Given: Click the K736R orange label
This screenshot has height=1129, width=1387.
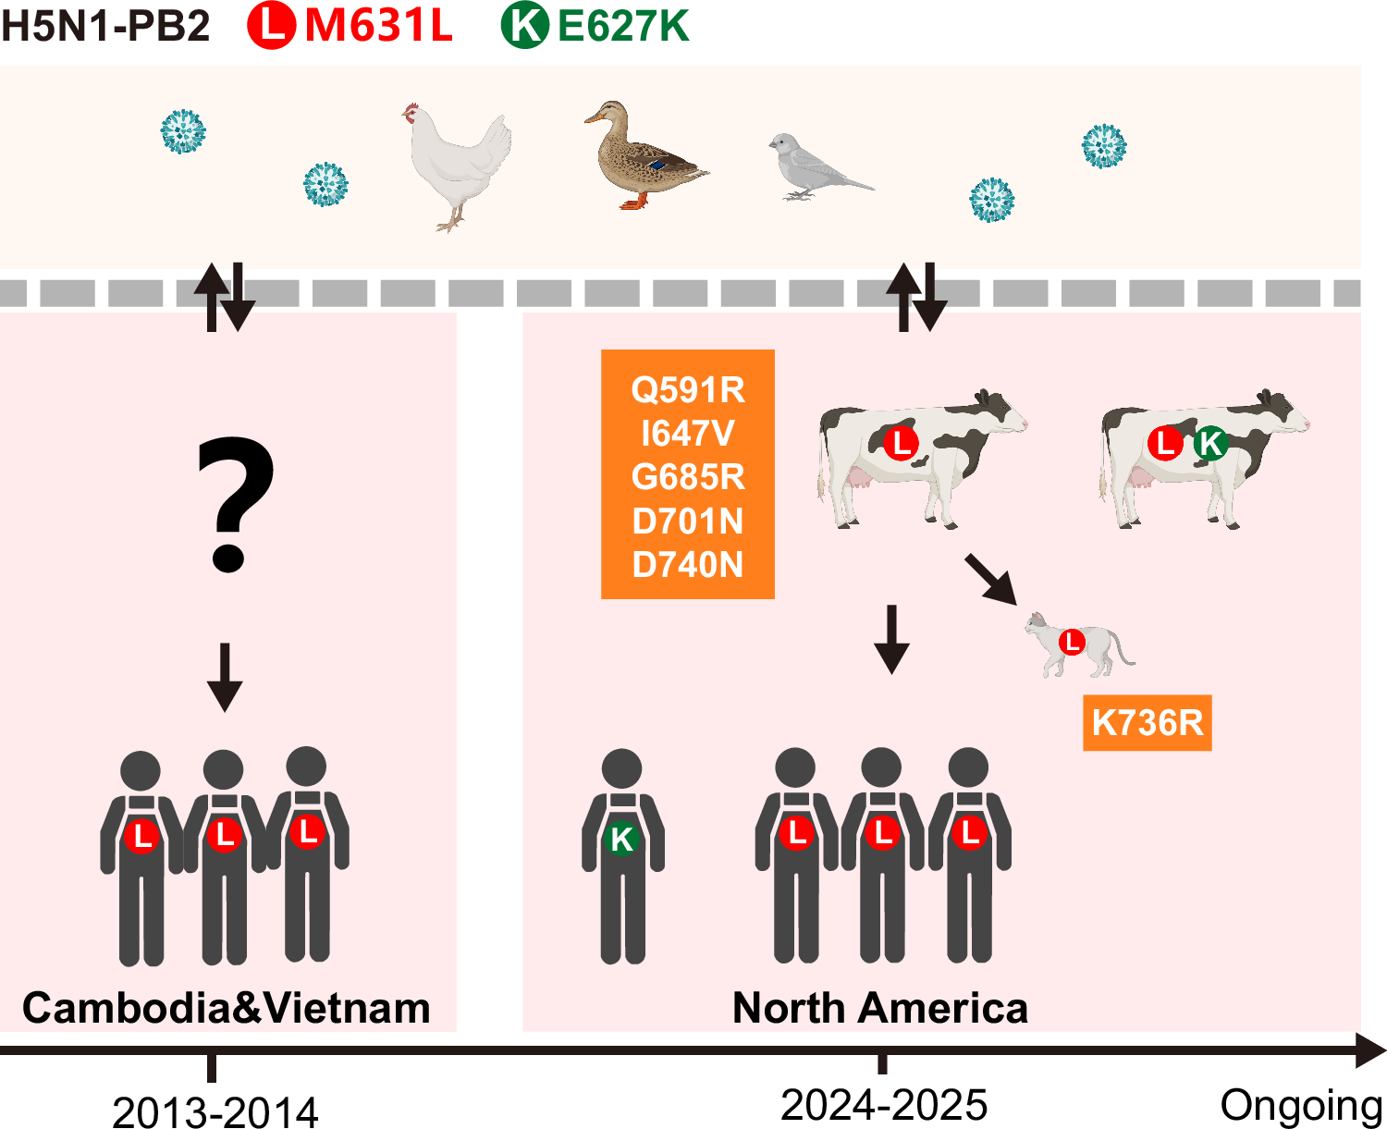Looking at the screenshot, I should pos(1147,722).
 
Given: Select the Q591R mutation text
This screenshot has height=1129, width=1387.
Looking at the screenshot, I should pos(687,390).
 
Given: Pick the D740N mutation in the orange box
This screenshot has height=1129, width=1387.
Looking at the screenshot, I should pos(687,564).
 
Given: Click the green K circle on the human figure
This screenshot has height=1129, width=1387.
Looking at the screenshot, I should pos(621,839).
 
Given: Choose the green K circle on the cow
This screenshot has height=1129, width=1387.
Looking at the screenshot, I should pos(1210,444).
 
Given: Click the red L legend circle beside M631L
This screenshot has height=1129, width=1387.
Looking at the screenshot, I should pos(271,25).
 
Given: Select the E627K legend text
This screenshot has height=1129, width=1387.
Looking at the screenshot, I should pos(623,26).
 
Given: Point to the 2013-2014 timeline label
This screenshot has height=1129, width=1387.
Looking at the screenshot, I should pos(215,1111).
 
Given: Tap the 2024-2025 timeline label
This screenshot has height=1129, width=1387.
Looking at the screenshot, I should pos(883,1105).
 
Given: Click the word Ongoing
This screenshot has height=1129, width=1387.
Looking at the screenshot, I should pos(1300,1106).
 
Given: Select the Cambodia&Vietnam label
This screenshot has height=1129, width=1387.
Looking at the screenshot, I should pos(227,1008).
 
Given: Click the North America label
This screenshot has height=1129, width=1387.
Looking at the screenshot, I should pos(879,1008).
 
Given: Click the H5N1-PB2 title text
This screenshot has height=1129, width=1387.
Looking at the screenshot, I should pos(105,26).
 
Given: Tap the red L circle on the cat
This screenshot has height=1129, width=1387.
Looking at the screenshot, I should pos(1072,641).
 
